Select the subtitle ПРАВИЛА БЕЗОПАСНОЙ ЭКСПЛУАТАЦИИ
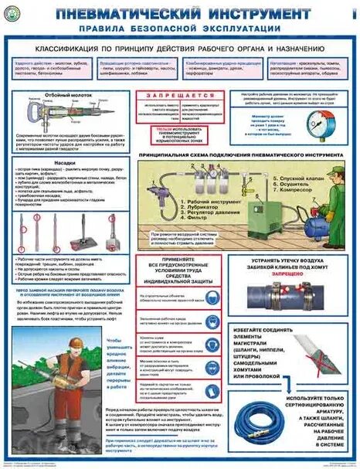pyautogui.click(x=178, y=32)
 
